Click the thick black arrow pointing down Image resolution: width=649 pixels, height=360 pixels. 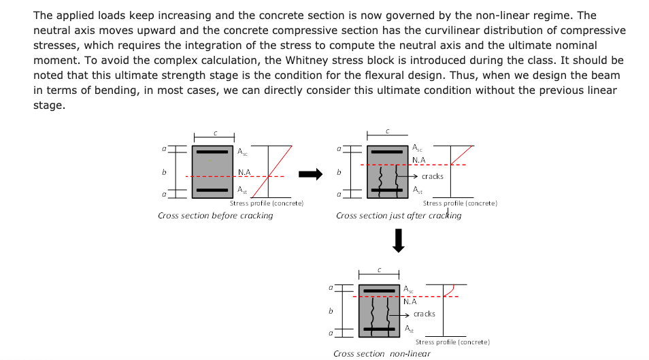click(399, 240)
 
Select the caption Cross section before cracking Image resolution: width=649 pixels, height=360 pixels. click(215, 216)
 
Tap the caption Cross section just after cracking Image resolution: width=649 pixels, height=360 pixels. click(398, 216)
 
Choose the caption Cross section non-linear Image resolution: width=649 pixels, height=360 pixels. click(382, 353)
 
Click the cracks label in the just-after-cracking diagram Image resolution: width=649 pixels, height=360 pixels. click(432, 176)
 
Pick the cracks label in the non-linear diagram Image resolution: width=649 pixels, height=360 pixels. click(424, 314)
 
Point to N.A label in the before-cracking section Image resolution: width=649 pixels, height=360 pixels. click(244, 172)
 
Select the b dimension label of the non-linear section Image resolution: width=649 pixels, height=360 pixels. click(331, 311)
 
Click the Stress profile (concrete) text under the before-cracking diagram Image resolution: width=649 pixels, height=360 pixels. click(266, 203)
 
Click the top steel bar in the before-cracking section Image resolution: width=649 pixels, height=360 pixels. click(212, 152)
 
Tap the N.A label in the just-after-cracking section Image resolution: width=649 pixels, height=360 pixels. click(418, 161)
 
